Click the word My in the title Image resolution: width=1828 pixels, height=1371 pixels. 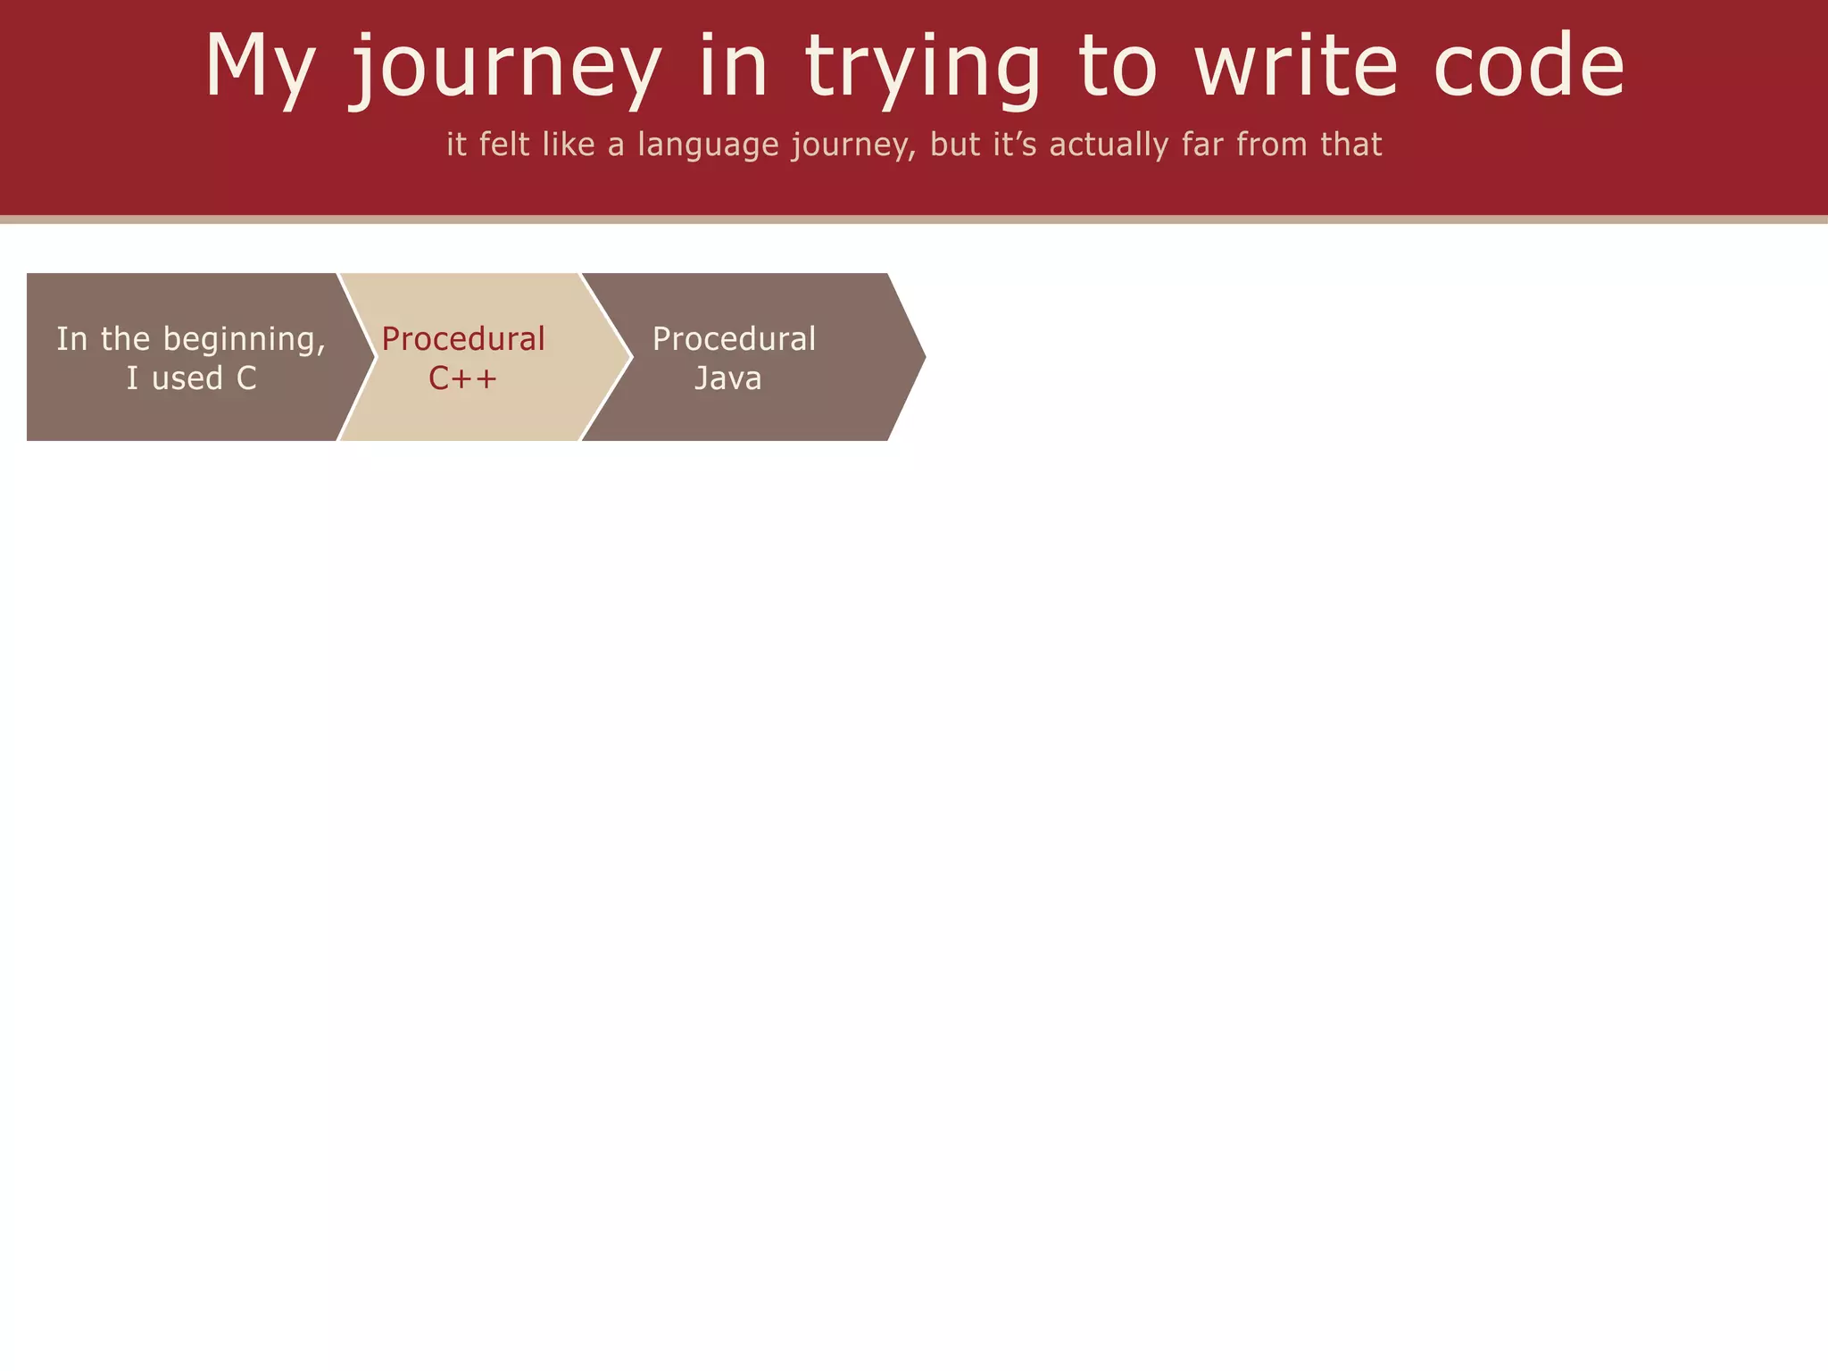click(x=259, y=67)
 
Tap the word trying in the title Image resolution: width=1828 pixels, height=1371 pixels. click(x=923, y=67)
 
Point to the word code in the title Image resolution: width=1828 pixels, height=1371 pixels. click(x=1529, y=67)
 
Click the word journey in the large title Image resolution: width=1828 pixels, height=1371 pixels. click(x=505, y=67)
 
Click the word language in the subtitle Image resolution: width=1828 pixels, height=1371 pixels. click(x=708, y=145)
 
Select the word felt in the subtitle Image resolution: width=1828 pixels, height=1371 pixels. click(x=505, y=144)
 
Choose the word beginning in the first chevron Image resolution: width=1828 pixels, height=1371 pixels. click(x=244, y=340)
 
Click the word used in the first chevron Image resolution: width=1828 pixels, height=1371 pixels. click(x=187, y=378)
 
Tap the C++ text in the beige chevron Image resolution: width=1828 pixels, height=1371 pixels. click(x=462, y=378)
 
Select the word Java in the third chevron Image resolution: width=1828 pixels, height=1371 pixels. click(x=728, y=378)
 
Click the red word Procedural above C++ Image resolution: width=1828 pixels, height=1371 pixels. click(x=463, y=339)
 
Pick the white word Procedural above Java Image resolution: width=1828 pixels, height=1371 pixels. click(x=734, y=339)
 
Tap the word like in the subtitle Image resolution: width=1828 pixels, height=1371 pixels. click(x=568, y=144)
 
